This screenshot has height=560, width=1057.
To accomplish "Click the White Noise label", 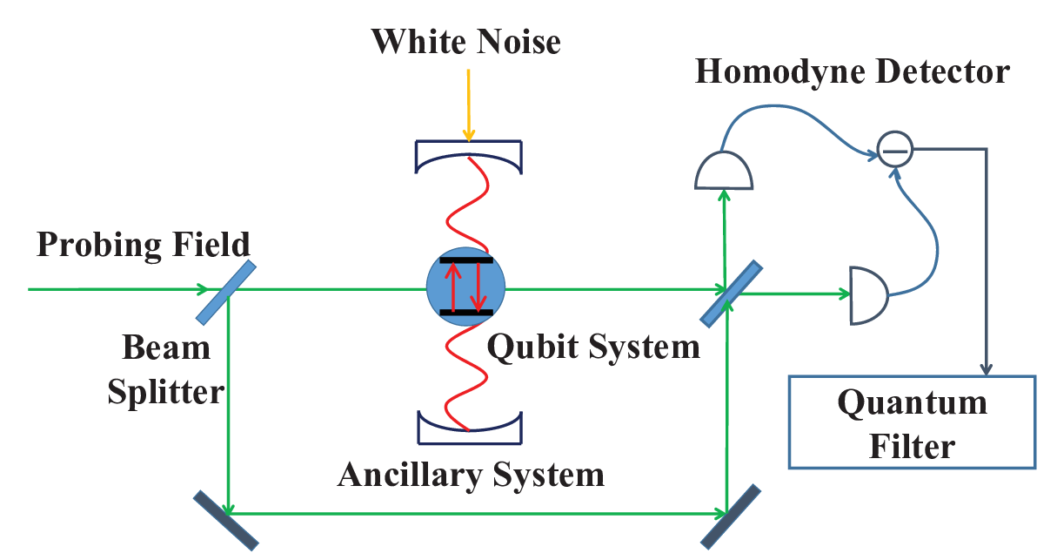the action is point(465,42).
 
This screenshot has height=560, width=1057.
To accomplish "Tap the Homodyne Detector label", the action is point(853,71).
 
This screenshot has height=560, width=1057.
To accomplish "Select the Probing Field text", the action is point(143,245).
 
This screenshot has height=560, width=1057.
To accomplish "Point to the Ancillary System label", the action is point(471,475).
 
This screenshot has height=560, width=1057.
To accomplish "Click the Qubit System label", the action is point(593,347).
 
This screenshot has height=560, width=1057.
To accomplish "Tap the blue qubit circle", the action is point(465,287).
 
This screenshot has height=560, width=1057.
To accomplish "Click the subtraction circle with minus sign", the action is point(895,149).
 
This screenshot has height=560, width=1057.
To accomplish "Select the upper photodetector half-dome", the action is point(724,171).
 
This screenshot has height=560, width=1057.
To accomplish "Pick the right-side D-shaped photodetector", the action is point(869,296).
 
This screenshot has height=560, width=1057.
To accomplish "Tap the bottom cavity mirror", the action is point(470,428).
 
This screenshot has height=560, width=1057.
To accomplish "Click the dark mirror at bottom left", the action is point(226,520).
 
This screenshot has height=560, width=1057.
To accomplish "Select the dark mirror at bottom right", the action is point(731,516).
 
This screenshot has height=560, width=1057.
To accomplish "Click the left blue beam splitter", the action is point(226,293).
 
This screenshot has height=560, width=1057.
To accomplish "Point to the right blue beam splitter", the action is point(731,293).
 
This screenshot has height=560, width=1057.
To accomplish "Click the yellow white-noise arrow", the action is point(468,105).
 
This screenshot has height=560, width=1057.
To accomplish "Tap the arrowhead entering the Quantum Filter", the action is point(986,369).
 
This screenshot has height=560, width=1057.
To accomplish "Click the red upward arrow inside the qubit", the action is point(453,287).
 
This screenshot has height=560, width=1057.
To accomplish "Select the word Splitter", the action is point(165,393).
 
